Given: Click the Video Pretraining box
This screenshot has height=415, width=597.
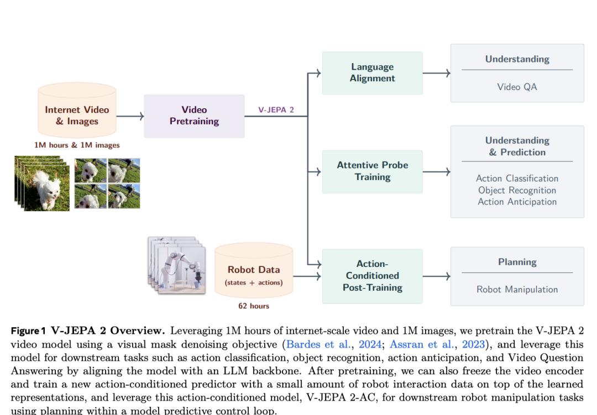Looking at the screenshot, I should pos(194,116).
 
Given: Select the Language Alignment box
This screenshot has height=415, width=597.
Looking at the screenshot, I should pos(372,73).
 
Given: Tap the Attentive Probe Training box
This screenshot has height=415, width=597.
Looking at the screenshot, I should pos(372,171).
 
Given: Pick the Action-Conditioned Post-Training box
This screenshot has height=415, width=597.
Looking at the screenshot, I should pos(372,276).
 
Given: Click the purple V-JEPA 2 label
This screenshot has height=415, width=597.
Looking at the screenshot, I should pos(276,110).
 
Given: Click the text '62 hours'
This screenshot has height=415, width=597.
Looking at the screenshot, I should pos(254,306).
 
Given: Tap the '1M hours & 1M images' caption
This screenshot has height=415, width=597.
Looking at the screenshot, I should pos(77,145).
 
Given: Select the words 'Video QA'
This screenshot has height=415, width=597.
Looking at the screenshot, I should pos(517,87).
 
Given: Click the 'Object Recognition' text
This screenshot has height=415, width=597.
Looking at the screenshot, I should pos(517,190).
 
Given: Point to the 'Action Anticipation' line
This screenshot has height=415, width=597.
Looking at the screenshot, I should pos(517,202).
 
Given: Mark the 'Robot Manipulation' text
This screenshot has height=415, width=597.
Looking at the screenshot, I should pos(517,290).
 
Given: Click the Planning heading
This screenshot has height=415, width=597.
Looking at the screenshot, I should pos(517,262).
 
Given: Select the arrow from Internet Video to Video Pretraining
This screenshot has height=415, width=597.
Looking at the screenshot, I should pos(130,116).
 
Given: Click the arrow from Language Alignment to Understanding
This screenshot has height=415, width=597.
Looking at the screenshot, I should pos(437,73).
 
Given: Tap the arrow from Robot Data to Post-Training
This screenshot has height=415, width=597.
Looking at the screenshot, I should pos(307,276).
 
